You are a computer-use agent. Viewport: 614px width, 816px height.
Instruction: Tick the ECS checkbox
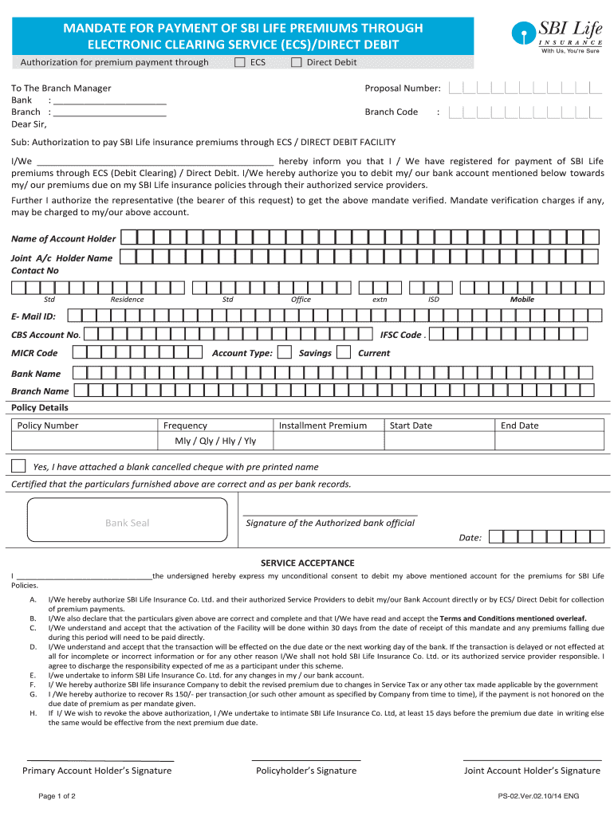[240, 62]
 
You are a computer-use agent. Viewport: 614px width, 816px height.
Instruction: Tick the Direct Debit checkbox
[296, 62]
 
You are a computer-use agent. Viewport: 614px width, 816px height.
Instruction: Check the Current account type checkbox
[344, 352]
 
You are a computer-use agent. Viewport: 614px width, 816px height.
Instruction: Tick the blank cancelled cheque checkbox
[18, 465]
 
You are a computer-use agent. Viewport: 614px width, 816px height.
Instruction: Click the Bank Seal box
[127, 523]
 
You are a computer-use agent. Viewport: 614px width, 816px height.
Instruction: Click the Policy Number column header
[48, 426]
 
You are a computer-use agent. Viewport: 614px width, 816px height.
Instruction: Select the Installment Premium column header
[323, 426]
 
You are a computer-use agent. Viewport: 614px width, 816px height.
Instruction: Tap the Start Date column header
[411, 426]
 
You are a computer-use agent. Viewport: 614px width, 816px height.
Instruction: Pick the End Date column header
[519, 426]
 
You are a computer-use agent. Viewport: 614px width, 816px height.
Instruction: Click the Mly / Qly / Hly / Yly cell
[215, 441]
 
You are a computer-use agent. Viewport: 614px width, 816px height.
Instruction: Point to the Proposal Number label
[402, 88]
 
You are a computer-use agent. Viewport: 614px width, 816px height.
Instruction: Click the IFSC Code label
[401, 335]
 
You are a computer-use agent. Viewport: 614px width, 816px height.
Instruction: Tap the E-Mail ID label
[33, 316]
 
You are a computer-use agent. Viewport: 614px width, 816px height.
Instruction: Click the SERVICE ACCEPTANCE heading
[307, 563]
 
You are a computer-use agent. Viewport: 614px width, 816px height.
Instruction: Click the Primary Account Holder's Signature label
[96, 771]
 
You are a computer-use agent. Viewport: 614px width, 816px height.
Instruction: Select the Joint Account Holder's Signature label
[532, 771]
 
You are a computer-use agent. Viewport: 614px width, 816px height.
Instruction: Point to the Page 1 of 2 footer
[57, 796]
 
